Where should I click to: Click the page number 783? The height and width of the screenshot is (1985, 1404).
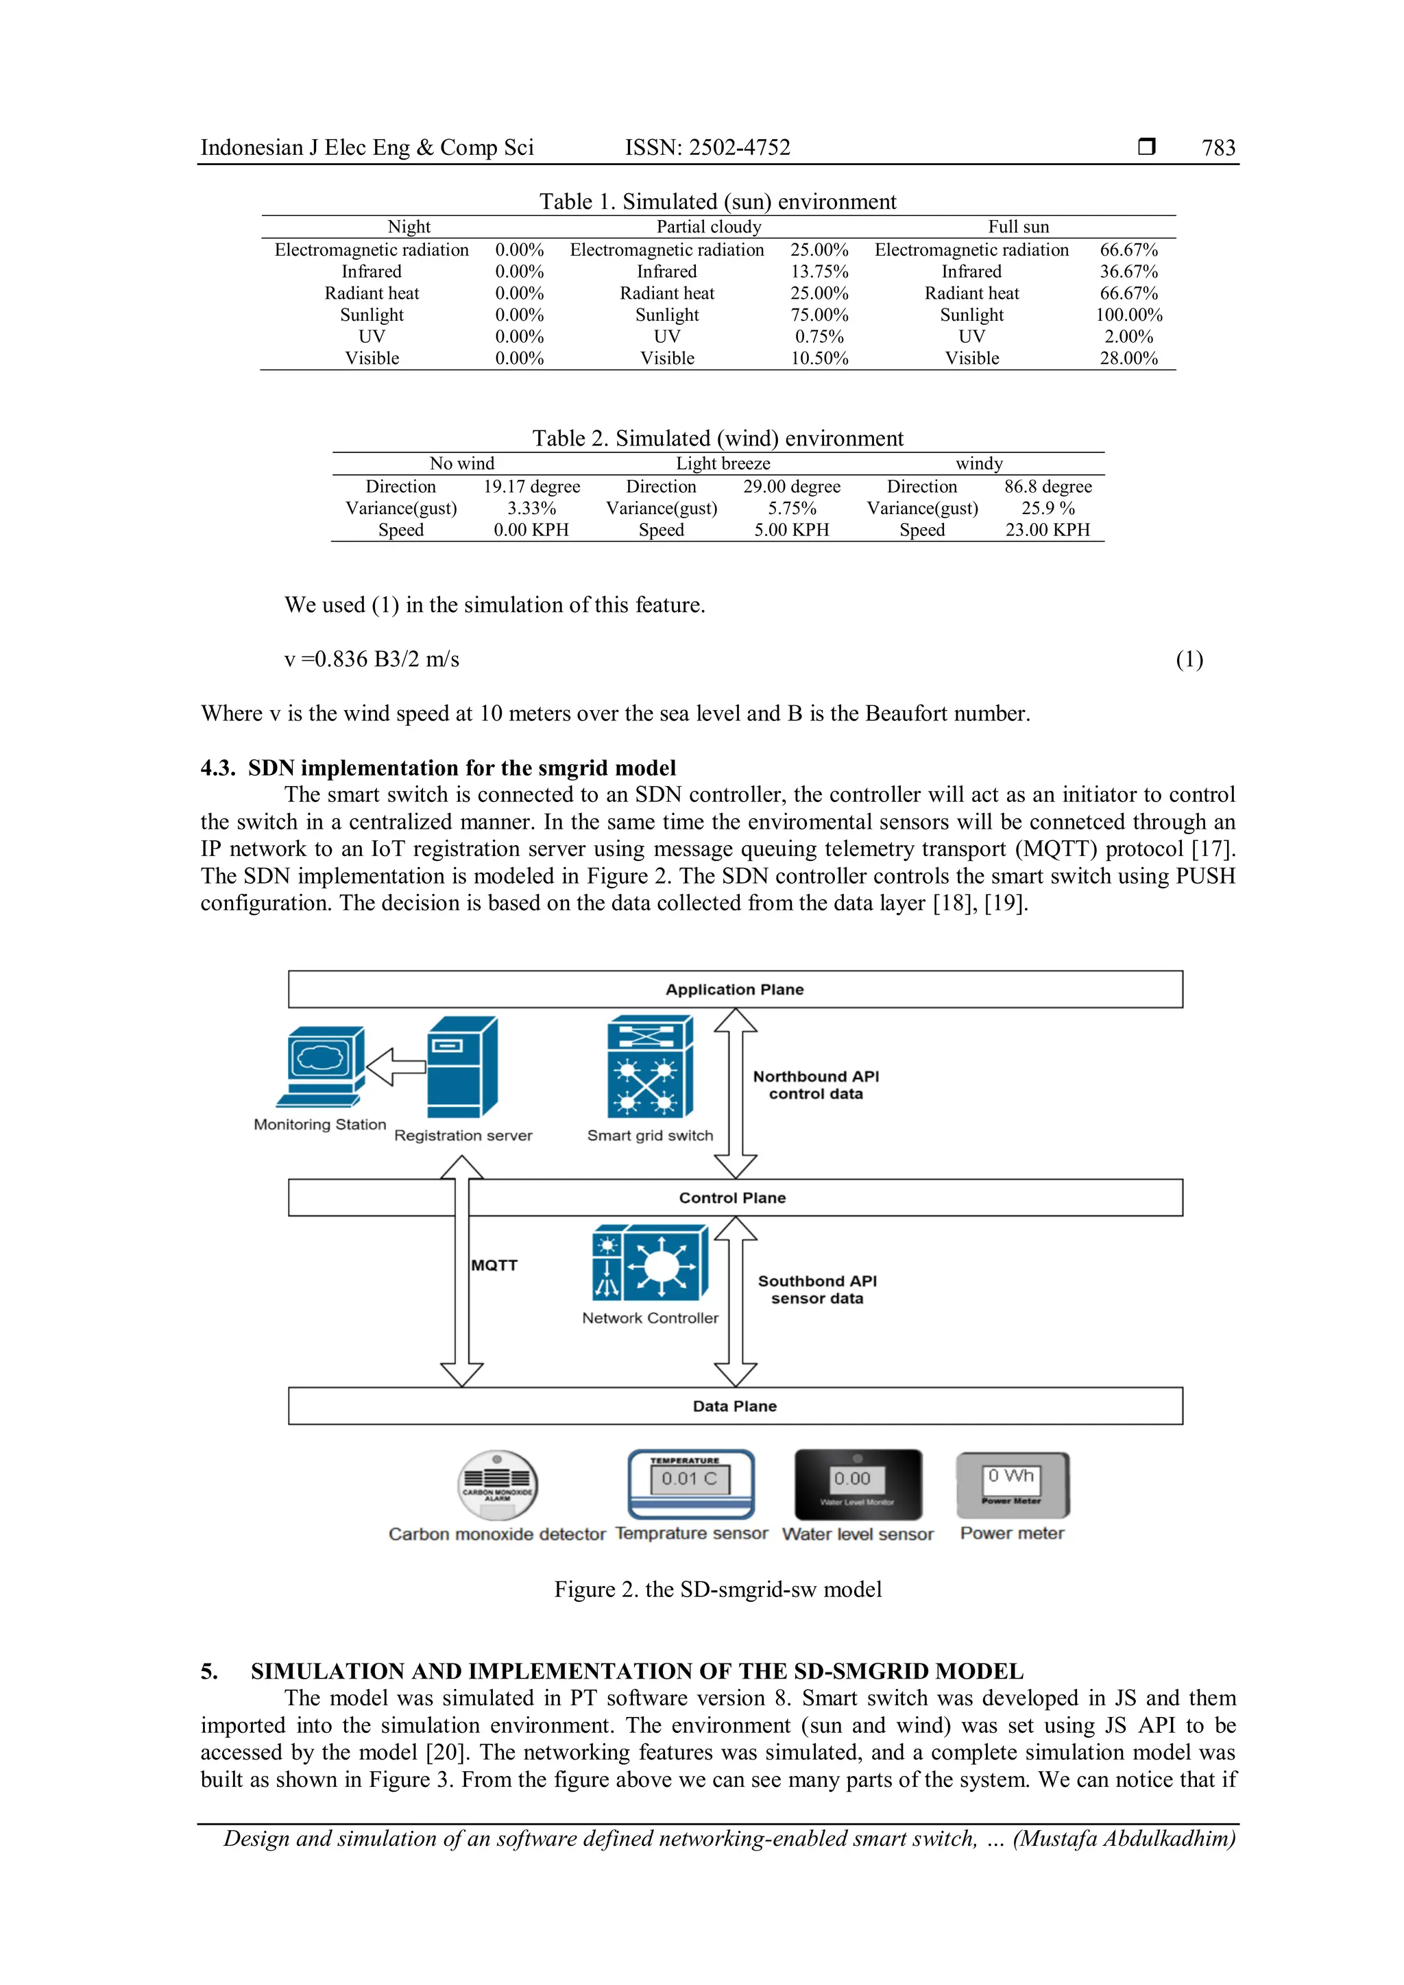coord(1218,148)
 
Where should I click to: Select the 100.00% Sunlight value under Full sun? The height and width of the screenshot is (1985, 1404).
coord(1128,315)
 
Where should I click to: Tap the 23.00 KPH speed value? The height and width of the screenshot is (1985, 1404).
coord(1047,530)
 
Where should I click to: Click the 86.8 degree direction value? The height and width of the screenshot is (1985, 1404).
coord(1048,487)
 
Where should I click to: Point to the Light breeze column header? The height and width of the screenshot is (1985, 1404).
coord(723,463)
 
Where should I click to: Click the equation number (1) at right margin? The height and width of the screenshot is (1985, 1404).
coord(1189,659)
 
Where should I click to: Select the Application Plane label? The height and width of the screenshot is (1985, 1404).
coord(734,990)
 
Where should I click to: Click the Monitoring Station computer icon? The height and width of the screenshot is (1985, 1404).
coord(320,1066)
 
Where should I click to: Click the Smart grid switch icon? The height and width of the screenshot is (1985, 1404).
coord(650,1068)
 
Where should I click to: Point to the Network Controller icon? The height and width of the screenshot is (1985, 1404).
coord(650,1263)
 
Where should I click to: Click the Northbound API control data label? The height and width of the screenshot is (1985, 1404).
coord(815,1085)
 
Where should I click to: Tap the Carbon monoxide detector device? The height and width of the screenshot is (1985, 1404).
coord(497,1485)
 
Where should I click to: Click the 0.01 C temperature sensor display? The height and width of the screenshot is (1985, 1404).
coord(690,1479)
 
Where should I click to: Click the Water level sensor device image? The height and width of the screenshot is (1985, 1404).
coord(858,1483)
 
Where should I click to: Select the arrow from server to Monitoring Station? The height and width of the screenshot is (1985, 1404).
coord(397,1067)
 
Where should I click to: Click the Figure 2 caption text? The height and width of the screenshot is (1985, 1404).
coord(718,1589)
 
